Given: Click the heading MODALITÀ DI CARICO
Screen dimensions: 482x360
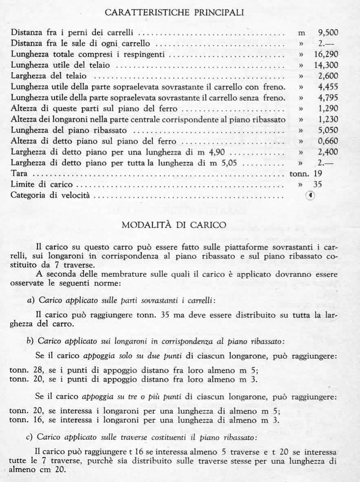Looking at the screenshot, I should coord(180,225).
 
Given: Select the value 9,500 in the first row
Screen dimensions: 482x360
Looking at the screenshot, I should coord(328,32).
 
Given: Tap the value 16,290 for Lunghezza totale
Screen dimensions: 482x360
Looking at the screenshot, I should coord(327,54).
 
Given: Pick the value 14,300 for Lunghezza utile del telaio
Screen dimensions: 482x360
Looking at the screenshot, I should coord(327,65).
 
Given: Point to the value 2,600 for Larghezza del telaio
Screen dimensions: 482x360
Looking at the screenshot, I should coord(328,76).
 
